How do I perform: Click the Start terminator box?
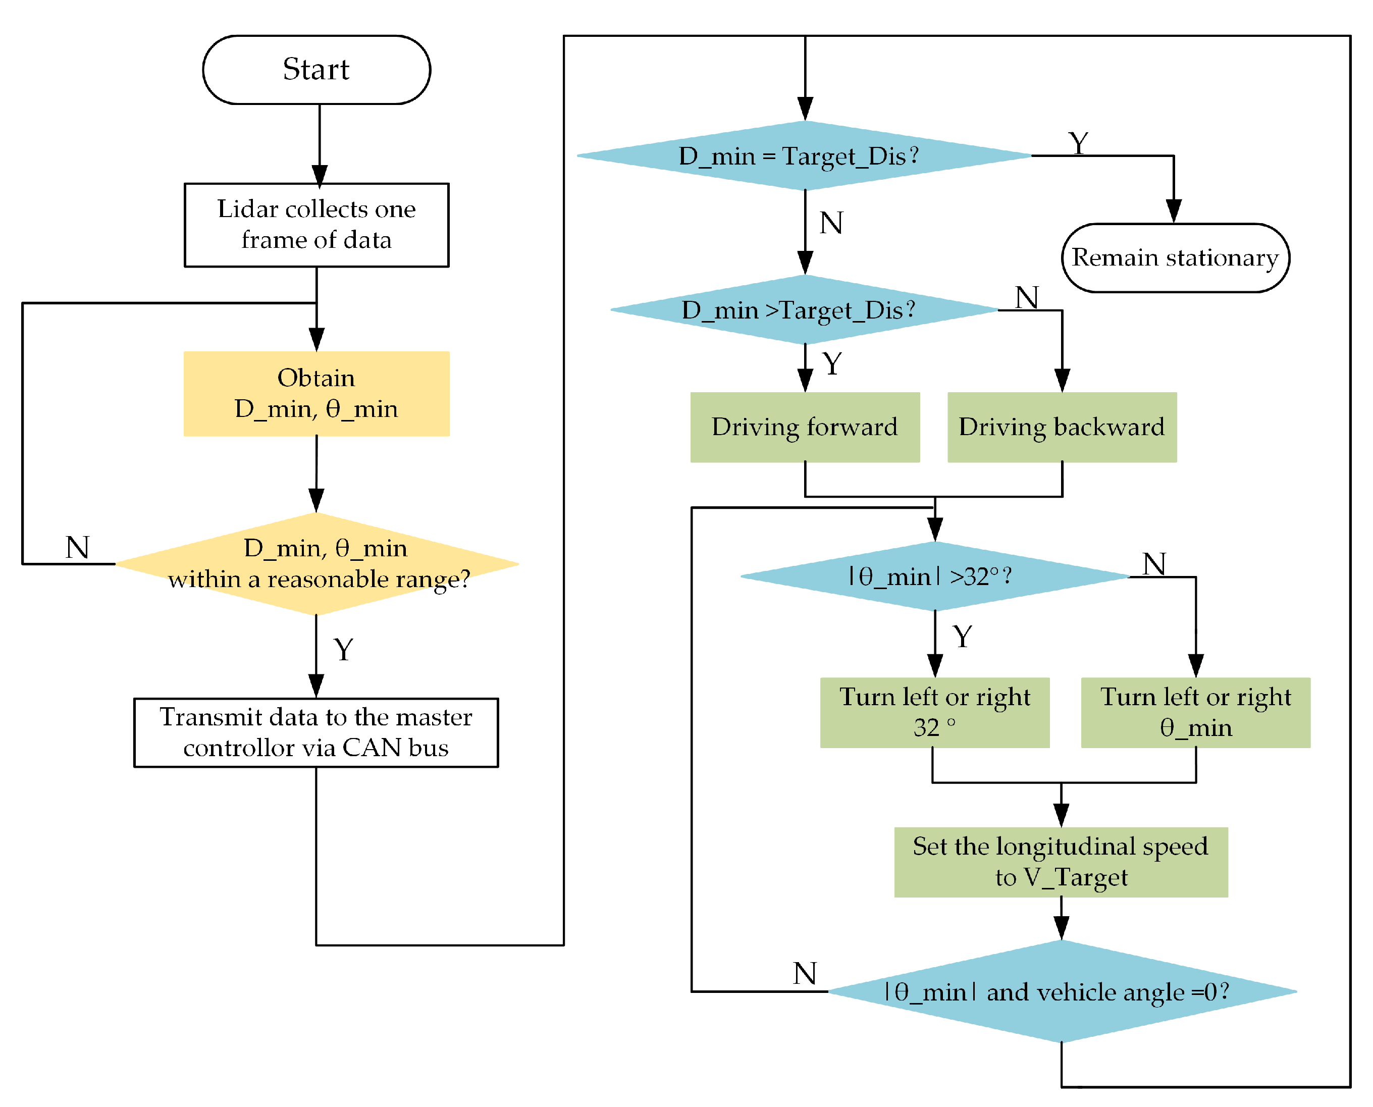coord(316,70)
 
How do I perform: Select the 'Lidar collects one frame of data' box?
coord(316,225)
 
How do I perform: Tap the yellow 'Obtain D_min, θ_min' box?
coord(316,393)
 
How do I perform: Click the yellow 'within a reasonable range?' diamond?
coord(317,564)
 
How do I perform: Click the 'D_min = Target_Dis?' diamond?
coord(804,155)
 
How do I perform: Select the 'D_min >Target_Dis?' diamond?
coord(804,310)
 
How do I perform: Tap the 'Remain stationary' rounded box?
coord(1175,257)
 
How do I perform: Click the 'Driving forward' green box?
coord(804,427)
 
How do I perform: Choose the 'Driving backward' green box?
coord(1061,427)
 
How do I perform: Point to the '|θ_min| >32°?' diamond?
coord(934,576)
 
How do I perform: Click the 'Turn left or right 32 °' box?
coord(934,712)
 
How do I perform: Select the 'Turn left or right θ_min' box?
coord(1195,712)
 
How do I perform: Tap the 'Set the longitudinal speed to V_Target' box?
coord(1061,862)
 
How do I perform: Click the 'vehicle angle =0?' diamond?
coord(1061,991)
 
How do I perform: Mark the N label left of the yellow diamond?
coord(77,548)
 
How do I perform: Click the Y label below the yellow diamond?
coord(343,650)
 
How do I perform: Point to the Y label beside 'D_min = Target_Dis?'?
coord(1078,143)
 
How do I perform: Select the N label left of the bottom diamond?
coord(804,973)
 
